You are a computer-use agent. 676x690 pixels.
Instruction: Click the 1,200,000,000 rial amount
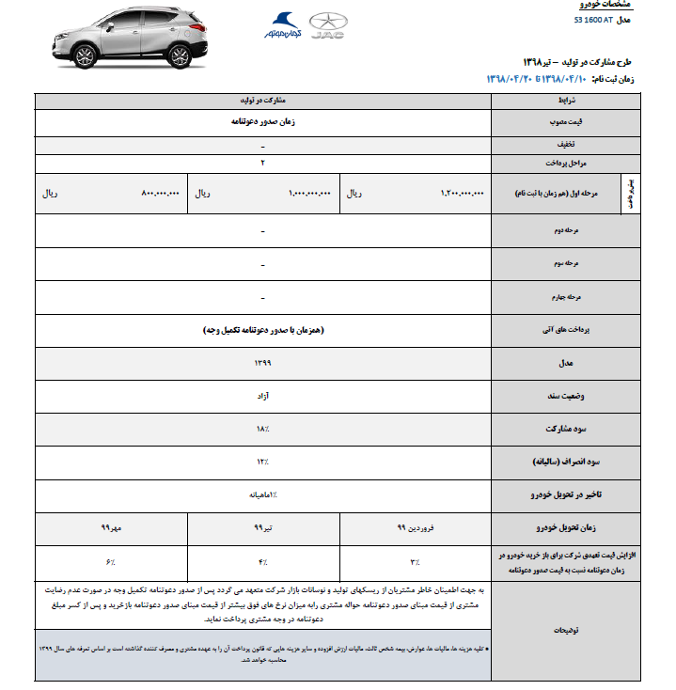[461, 194]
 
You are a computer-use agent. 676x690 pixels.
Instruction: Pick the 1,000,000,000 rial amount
[309, 194]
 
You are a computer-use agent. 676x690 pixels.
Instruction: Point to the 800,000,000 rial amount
[157, 194]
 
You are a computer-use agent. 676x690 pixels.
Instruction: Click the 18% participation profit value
[262, 429]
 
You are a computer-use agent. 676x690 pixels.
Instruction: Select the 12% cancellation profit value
[262, 462]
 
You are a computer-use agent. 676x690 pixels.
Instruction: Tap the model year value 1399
[262, 361]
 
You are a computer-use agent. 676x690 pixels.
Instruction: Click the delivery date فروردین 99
[415, 528]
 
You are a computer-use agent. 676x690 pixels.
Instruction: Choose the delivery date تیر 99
[262, 528]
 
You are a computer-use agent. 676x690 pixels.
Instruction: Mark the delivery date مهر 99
[112, 528]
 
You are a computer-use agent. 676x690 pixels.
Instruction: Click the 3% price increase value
[415, 561]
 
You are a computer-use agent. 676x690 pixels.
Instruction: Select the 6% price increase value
[110, 561]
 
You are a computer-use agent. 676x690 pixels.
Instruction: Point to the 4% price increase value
[262, 561]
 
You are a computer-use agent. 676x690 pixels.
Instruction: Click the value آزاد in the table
[262, 395]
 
